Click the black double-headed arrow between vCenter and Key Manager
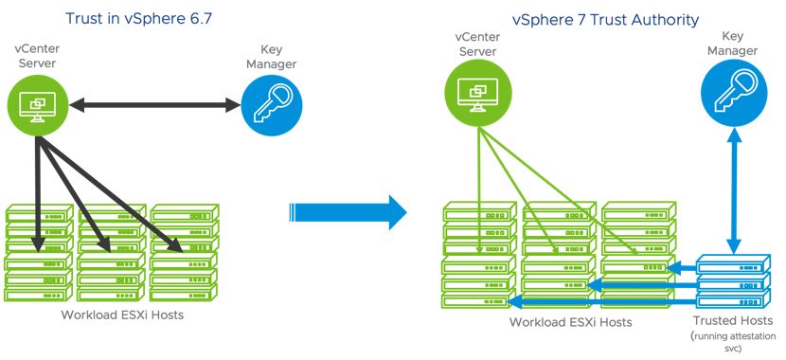click(153, 106)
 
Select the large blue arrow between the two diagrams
click(347, 210)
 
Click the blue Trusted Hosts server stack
click(735, 281)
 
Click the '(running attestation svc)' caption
click(734, 342)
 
